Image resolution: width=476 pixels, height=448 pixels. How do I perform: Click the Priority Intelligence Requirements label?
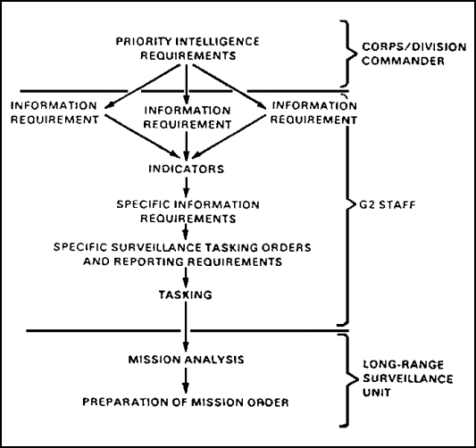pyautogui.click(x=188, y=48)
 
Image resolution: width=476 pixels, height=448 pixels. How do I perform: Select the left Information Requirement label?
pyautogui.click(x=54, y=112)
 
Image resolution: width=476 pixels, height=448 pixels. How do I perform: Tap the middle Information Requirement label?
pyautogui.click(x=188, y=118)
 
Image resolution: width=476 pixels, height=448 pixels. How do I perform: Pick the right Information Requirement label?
pyautogui.click(x=313, y=112)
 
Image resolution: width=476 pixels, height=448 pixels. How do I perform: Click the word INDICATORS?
pyautogui.click(x=187, y=169)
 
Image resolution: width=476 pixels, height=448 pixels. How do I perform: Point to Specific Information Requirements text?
pyautogui.click(x=188, y=212)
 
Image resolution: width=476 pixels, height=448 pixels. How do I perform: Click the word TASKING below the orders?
pyautogui.click(x=186, y=295)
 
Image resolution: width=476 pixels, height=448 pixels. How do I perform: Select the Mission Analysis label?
pyautogui.click(x=187, y=360)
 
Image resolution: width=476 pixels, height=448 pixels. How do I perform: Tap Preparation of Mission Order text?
pyautogui.click(x=186, y=402)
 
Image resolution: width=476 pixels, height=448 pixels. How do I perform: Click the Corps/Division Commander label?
pyautogui.click(x=413, y=54)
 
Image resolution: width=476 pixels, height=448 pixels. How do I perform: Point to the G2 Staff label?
pyautogui.click(x=388, y=205)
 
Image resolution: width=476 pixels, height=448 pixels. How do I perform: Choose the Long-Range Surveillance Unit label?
pyautogui.click(x=408, y=378)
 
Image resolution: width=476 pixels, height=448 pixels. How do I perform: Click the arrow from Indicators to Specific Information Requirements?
pyautogui.click(x=187, y=187)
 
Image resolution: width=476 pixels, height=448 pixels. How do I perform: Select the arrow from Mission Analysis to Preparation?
pyautogui.click(x=186, y=381)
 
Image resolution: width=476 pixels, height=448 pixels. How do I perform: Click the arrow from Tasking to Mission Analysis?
pyautogui.click(x=186, y=327)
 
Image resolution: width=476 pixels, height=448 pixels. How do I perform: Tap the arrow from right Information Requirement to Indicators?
pyautogui.click(x=229, y=137)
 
